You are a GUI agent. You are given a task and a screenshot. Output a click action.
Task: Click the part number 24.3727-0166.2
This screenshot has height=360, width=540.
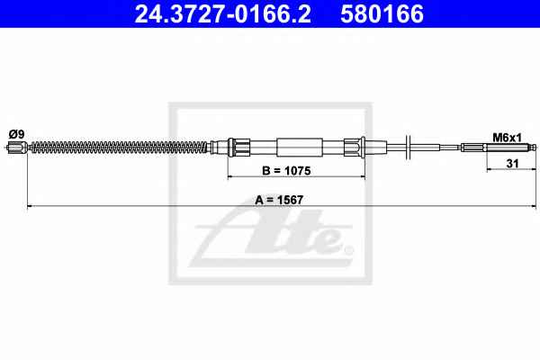223,13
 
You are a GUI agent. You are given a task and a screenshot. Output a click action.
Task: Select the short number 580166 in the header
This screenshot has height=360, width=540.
382,13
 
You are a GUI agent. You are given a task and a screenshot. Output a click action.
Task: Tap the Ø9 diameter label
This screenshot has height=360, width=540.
16,134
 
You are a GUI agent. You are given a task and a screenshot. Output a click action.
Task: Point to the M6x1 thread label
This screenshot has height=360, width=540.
507,138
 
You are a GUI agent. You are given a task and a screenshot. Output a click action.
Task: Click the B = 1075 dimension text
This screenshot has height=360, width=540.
286,170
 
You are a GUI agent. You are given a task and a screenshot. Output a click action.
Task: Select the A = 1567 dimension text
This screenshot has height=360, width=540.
279,200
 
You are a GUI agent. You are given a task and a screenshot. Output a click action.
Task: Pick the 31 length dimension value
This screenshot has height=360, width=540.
512,163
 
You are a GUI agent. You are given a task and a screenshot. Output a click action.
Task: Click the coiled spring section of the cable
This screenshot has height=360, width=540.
121,148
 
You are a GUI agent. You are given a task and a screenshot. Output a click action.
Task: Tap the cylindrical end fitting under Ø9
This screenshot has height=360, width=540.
17,148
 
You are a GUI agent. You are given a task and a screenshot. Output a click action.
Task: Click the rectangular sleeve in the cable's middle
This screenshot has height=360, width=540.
300,147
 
